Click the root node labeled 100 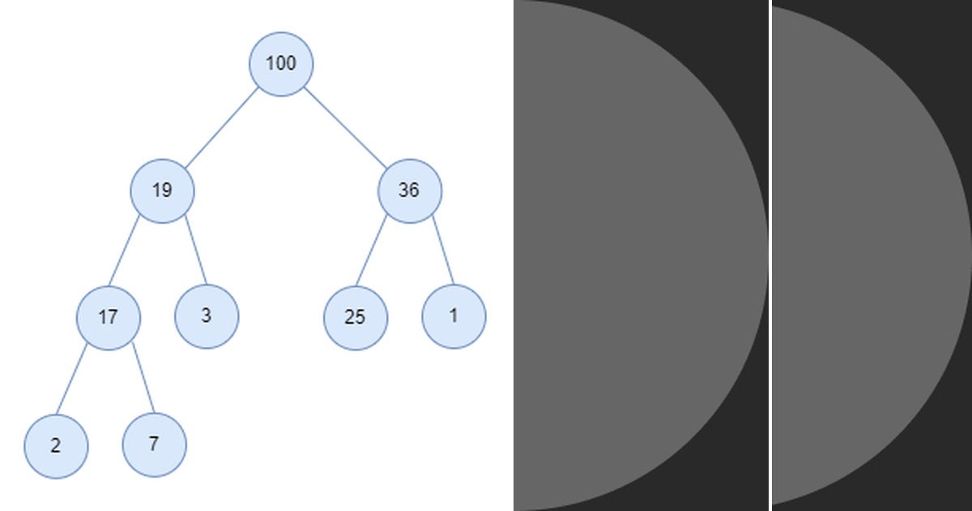(x=281, y=64)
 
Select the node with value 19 (x=162, y=191)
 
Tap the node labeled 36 (x=410, y=191)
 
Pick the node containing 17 (x=109, y=318)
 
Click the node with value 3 (x=207, y=316)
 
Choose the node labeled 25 (x=356, y=318)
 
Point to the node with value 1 (x=454, y=316)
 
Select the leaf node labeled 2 (x=56, y=446)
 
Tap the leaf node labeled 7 (x=155, y=444)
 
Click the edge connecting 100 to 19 (x=222, y=128)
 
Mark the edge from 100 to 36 (x=345, y=128)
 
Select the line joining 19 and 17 (x=124, y=251)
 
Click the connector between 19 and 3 (x=196, y=250)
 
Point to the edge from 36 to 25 (x=371, y=251)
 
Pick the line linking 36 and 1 (x=443, y=250)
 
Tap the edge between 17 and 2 (x=71, y=379)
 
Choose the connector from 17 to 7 (x=143, y=378)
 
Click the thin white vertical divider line (x=769, y=255)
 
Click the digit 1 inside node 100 (x=270, y=63)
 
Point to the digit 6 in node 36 (x=414, y=191)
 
